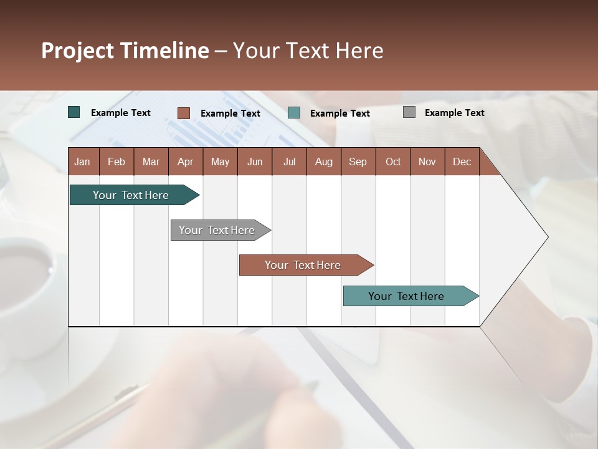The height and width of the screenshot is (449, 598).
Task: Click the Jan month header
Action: pyautogui.click(x=82, y=162)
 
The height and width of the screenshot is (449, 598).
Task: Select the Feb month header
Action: pyautogui.click(x=116, y=162)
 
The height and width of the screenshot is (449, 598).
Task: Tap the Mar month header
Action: pyautogui.click(x=151, y=162)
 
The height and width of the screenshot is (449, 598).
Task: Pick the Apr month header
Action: pyautogui.click(x=185, y=162)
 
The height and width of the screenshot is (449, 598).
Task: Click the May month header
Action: pyautogui.click(x=220, y=162)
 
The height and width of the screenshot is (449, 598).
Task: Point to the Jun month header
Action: pyautogui.click(x=255, y=162)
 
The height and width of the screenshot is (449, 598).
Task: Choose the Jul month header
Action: pyautogui.click(x=289, y=162)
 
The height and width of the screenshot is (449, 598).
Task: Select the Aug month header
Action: pyautogui.click(x=324, y=162)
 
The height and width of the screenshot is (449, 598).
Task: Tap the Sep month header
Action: pyautogui.click(x=358, y=162)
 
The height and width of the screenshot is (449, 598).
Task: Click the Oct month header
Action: pyautogui.click(x=393, y=162)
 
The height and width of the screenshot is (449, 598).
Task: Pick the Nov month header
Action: pyautogui.click(x=427, y=162)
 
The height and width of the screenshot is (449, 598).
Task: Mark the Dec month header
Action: pyautogui.click(x=462, y=162)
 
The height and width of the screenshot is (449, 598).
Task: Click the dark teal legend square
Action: pyautogui.click(x=74, y=112)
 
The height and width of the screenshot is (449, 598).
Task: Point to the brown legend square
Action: pyautogui.click(x=184, y=113)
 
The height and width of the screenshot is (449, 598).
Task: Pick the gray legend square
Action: pyautogui.click(x=409, y=112)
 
